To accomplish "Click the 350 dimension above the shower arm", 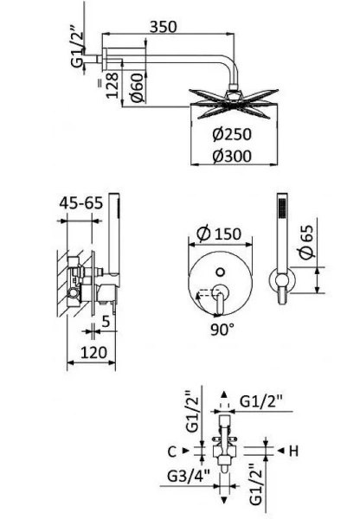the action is click(x=164, y=27).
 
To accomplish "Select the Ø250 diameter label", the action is click(x=232, y=134).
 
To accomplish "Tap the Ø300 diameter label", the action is click(x=232, y=156).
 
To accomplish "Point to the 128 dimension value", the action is click(x=112, y=85).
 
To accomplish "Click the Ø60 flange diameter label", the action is click(x=138, y=87).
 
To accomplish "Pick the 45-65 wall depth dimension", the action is click(x=81, y=202).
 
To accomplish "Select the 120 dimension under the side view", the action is click(x=93, y=352).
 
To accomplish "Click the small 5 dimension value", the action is click(x=106, y=321).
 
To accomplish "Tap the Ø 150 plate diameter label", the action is click(x=219, y=234).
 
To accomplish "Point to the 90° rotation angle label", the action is click(x=222, y=330).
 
